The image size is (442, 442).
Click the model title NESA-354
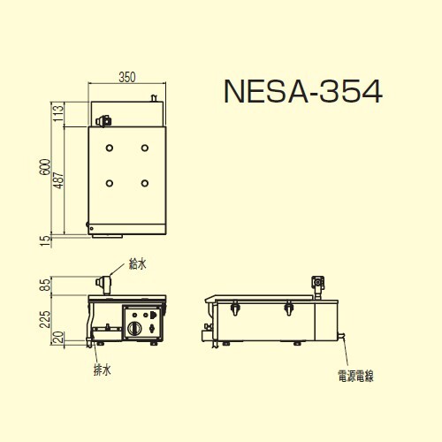(x=303, y=92)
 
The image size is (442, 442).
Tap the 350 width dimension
(x=127, y=77)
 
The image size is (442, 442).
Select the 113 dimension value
(x=58, y=112)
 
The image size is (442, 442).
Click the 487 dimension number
(x=58, y=180)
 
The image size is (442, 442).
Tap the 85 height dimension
(x=45, y=285)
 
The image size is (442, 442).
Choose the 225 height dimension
(x=45, y=320)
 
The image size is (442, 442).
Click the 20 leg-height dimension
(x=58, y=338)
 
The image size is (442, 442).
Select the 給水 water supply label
(x=138, y=263)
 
